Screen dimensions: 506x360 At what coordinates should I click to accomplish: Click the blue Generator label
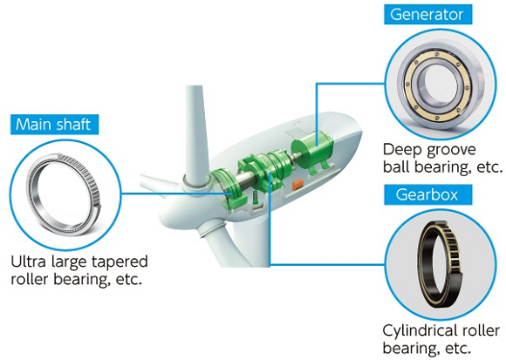(x=427, y=15)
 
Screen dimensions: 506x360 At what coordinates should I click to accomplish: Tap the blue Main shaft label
(x=54, y=125)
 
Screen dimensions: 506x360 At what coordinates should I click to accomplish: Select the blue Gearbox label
(x=427, y=194)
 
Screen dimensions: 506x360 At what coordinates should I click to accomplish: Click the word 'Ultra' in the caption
(x=29, y=262)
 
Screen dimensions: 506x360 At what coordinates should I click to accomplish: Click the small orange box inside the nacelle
(x=297, y=185)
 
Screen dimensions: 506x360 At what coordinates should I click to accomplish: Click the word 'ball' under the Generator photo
(x=396, y=167)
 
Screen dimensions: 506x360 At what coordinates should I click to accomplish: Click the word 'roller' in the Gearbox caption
(x=482, y=330)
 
